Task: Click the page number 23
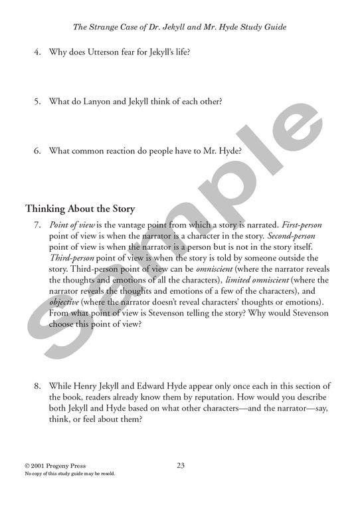coord(181,465)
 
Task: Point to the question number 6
coord(38,151)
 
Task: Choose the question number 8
coord(38,386)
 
